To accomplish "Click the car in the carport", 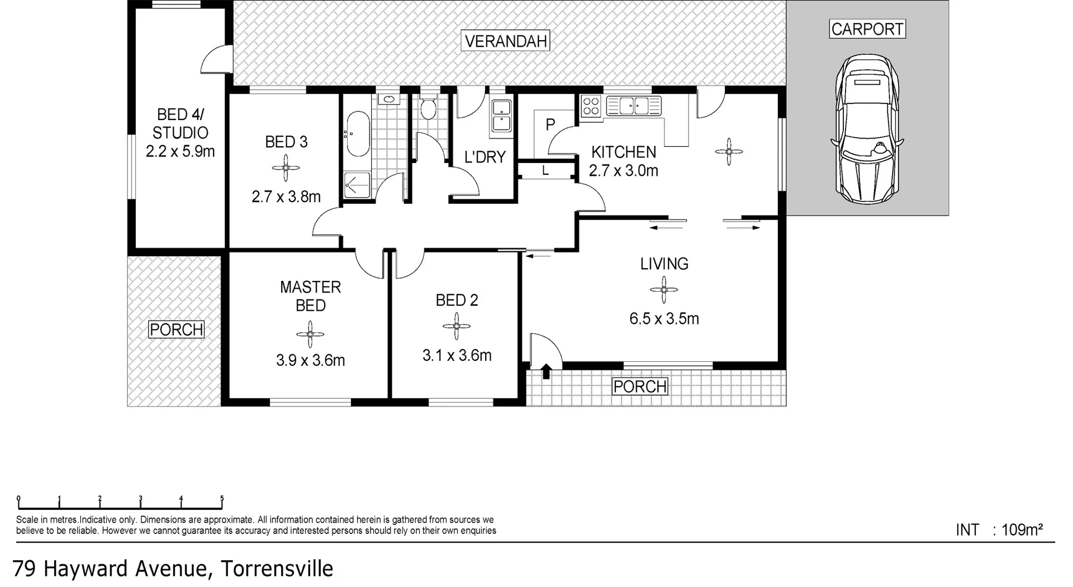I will (867, 130).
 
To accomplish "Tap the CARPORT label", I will (867, 29).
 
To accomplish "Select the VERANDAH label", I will (506, 41).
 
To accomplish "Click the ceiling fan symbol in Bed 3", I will (286, 168).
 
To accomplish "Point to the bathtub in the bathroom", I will (358, 134).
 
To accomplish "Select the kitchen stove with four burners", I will (591, 106).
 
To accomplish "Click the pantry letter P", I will (550, 124).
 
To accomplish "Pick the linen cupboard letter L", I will (545, 171).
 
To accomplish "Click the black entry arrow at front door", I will (546, 370).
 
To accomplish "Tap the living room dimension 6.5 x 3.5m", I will (664, 318).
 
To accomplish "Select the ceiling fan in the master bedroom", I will (310, 334).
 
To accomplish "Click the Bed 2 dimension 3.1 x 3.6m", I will (457, 355).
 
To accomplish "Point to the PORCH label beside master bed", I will (176, 330).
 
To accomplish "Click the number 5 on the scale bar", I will (222, 499).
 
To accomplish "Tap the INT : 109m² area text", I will (999, 529).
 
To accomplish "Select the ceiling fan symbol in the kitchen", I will (729, 151).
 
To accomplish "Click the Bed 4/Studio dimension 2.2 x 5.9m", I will (180, 151).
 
